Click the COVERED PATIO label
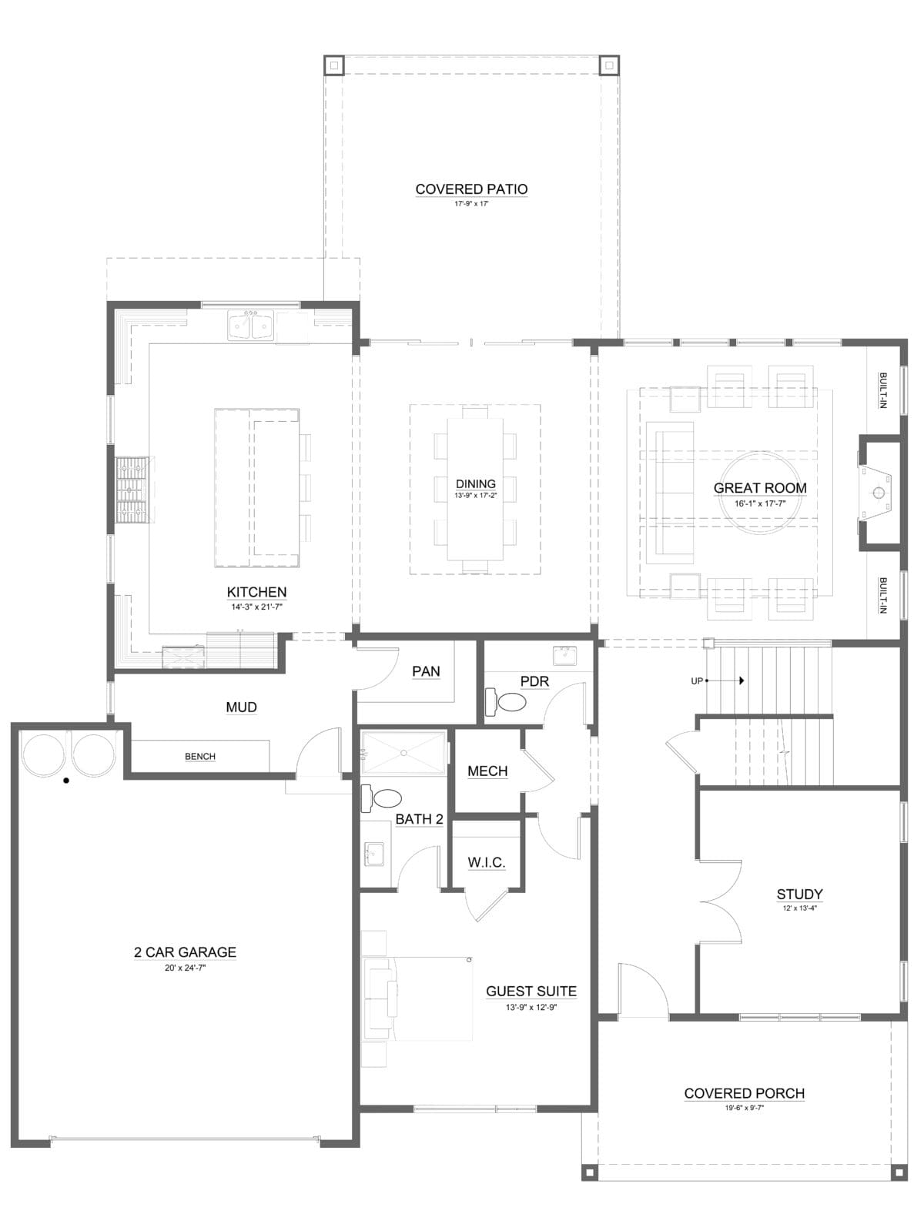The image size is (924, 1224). tap(471, 189)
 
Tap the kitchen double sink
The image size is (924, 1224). tap(249, 326)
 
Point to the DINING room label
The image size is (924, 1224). tap(475, 483)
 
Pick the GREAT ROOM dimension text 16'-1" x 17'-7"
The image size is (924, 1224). tap(759, 503)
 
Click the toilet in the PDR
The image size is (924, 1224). tap(506, 702)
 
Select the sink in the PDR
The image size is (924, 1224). tap(564, 655)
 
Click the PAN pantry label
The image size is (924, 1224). tap(426, 671)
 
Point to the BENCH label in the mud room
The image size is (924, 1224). tap(199, 756)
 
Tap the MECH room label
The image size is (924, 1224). tap(487, 771)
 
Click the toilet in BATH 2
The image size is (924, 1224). tap(381, 798)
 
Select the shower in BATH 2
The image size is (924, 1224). tap(403, 753)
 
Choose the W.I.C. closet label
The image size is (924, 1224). tap(487, 862)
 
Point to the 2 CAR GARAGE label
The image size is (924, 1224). tap(185, 952)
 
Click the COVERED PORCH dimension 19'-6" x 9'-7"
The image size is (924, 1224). tap(744, 1108)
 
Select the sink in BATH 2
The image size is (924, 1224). tap(373, 854)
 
